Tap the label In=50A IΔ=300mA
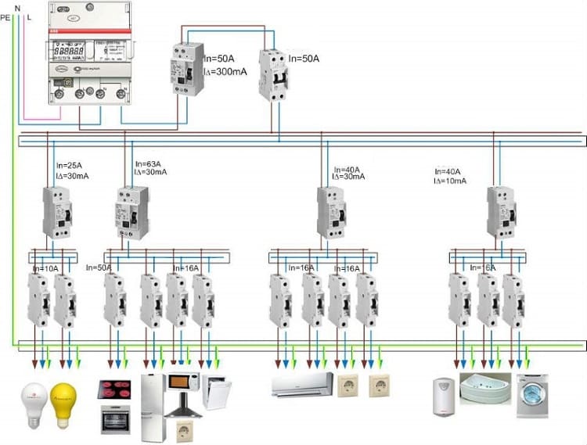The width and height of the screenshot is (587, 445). click(226, 66)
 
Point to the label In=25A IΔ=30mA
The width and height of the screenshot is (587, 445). click(72, 171)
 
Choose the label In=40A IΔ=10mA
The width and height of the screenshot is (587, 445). click(451, 176)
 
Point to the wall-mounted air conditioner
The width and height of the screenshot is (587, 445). click(301, 384)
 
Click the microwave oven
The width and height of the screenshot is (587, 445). click(183, 386)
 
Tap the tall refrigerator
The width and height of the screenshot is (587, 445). click(153, 407)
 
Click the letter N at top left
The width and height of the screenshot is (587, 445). click(17, 6)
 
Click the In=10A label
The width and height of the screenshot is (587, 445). click(45, 268)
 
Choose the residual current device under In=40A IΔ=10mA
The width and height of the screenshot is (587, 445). click(500, 212)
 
